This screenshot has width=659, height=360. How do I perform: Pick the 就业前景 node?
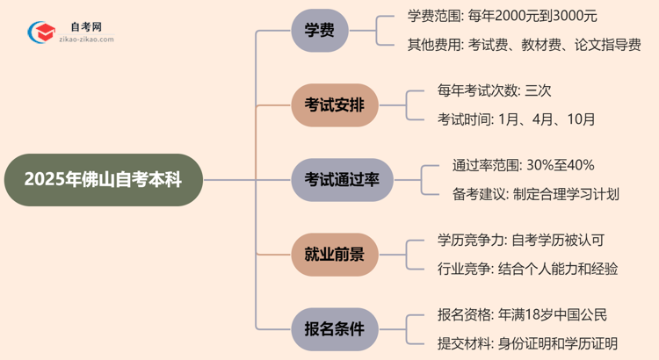click(x=334, y=255)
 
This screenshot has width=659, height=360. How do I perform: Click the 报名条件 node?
click(x=334, y=329)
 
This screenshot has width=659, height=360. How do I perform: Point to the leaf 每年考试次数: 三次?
click(x=495, y=90)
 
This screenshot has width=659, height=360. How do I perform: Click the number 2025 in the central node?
click(x=44, y=180)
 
